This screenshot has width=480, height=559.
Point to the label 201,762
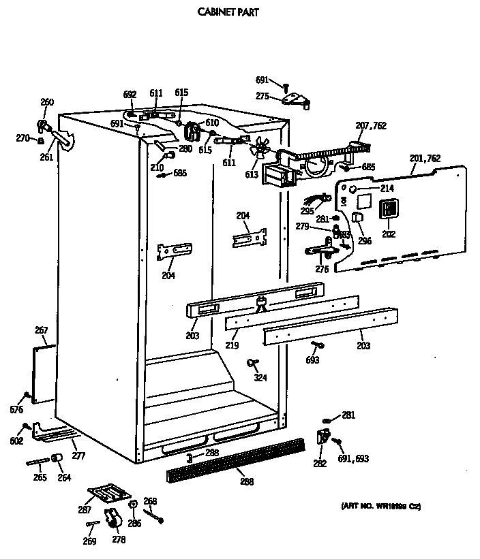425,159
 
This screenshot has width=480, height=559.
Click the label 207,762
371,125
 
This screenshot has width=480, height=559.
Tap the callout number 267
41,330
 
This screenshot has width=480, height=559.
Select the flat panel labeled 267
44,373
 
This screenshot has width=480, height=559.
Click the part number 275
262,96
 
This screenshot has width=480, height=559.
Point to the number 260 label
46,102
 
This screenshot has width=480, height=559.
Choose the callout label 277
79,456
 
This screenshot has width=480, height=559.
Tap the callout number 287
85,509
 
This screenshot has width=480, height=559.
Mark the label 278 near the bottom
119,539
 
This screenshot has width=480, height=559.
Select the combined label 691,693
352,459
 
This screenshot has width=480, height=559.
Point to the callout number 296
364,240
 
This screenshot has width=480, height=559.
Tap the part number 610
212,123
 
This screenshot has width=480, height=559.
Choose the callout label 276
321,269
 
